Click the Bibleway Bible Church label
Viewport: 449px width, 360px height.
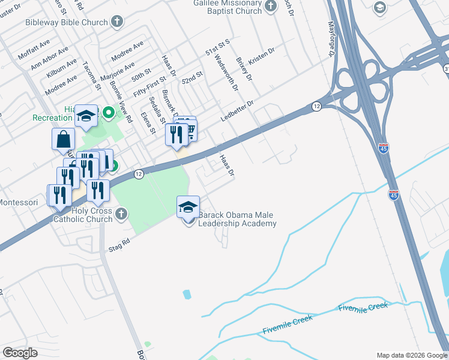click(66, 22)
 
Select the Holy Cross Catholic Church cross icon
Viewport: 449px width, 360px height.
click(121, 214)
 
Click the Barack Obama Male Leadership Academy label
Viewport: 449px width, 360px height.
click(238, 219)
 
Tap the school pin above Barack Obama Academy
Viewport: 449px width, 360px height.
click(188, 208)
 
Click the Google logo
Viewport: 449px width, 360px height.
click(20, 353)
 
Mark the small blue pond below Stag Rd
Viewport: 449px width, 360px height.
click(187, 295)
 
